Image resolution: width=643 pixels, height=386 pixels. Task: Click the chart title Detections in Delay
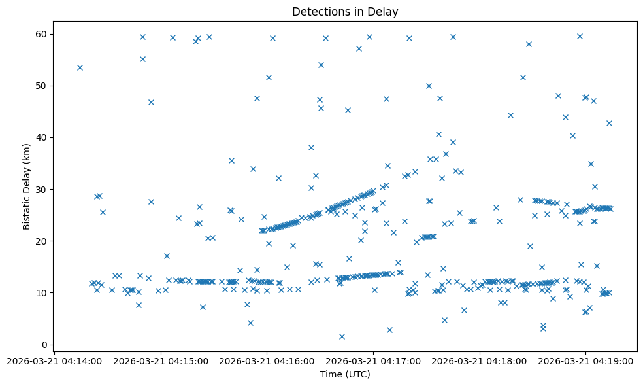tap(345, 12)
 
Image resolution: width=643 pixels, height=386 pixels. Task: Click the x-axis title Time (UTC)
tap(345, 375)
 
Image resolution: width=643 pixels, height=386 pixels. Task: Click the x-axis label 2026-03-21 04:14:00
tap(54, 360)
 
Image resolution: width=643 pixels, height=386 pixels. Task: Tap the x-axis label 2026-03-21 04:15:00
tap(161, 360)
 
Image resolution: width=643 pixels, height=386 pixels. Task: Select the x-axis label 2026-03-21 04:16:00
tap(267, 360)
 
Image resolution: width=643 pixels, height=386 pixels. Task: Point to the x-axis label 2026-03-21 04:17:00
tap(374, 360)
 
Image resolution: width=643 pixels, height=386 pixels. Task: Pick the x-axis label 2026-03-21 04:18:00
tap(480, 360)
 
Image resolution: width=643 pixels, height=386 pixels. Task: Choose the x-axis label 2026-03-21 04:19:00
tap(586, 360)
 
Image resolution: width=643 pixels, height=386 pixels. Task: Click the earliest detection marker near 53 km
tap(80, 67)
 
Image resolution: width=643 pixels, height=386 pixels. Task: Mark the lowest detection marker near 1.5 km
tap(342, 336)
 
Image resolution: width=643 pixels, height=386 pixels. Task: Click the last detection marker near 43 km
tap(609, 123)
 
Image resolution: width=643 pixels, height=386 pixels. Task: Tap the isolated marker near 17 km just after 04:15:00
tap(167, 256)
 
